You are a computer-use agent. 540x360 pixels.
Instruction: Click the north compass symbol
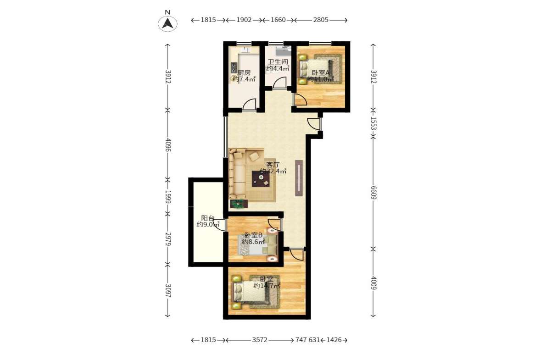click(x=168, y=23)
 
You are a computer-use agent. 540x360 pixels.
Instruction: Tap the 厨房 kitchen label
click(x=244, y=72)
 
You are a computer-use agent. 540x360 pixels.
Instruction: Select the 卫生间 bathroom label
click(x=278, y=62)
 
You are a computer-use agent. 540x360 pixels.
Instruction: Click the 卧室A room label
click(x=321, y=72)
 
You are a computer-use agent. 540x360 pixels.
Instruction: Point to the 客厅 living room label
click(x=273, y=165)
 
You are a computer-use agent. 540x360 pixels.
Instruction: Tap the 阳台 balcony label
click(x=208, y=218)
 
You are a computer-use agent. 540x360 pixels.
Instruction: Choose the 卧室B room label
click(x=253, y=235)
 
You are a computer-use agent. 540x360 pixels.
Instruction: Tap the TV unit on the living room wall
click(x=299, y=177)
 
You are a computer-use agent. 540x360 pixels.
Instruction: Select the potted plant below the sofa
click(x=238, y=203)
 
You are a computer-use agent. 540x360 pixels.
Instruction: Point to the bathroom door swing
click(x=278, y=83)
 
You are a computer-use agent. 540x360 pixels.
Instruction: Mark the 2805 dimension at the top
click(x=320, y=20)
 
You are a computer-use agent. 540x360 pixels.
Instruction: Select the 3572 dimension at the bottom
click(x=260, y=340)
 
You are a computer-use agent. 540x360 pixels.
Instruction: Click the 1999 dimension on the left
click(x=168, y=197)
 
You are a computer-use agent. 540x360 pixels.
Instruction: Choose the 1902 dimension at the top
click(x=245, y=20)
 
